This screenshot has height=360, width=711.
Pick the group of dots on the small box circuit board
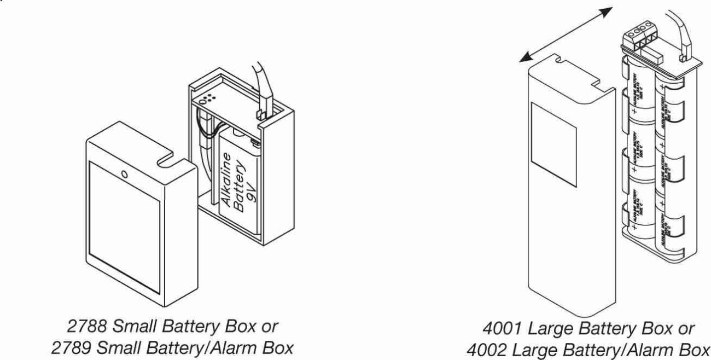pos(208,99)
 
